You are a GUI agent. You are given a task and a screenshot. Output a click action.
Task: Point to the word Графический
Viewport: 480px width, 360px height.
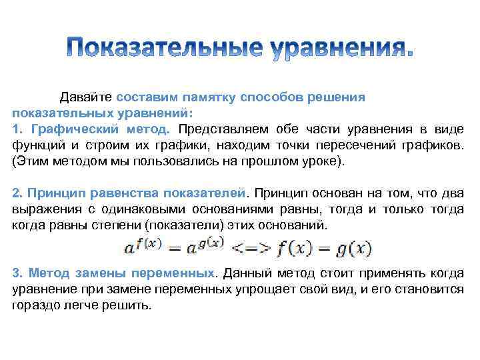(x=65, y=127)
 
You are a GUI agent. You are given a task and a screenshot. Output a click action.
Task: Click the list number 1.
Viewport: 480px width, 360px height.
(x=16, y=127)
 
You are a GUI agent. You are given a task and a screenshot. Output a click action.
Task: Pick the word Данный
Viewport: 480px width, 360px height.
(x=246, y=274)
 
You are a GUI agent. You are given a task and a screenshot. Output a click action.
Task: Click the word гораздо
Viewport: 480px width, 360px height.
(x=35, y=306)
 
